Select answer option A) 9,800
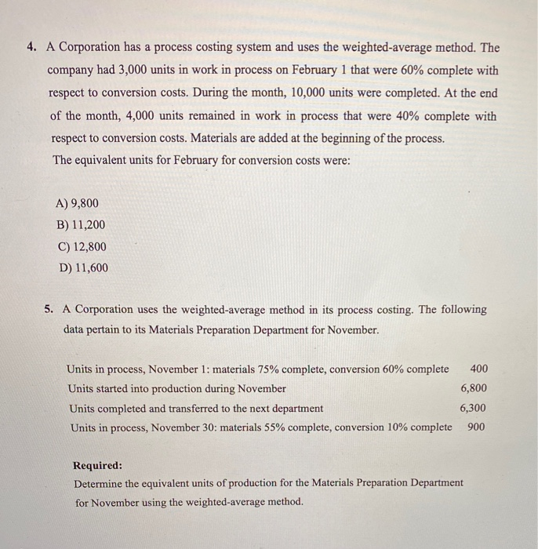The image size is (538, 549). tap(78, 203)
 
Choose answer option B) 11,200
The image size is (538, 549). tap(81, 224)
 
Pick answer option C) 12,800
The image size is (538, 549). tap(82, 246)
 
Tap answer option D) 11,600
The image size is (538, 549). tap(82, 267)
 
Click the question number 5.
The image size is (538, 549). tap(49, 309)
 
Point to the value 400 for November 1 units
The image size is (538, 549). tap(479, 369)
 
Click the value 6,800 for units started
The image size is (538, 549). tap(474, 388)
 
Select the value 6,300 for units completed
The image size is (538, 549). tap(474, 408)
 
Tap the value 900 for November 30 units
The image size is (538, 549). tap(476, 427)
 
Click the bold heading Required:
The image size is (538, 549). tap(97, 464)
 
